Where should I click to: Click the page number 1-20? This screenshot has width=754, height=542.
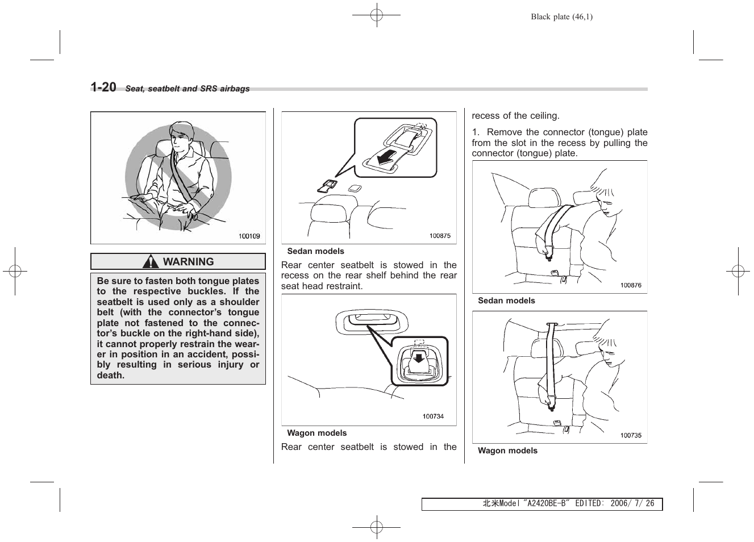pyautogui.click(x=103, y=87)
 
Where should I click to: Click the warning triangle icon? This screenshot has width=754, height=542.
pyautogui.click(x=151, y=262)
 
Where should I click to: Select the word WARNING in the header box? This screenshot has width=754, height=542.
pyautogui.click(x=188, y=262)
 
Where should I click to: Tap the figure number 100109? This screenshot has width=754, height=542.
pyautogui.click(x=249, y=236)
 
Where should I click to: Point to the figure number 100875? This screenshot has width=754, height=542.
pyautogui.click(x=440, y=236)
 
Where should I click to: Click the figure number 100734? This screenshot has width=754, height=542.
pyautogui.click(x=433, y=416)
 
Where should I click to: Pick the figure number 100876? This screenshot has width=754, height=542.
pyautogui.click(x=631, y=285)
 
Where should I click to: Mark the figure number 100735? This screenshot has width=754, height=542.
pyautogui.click(x=631, y=435)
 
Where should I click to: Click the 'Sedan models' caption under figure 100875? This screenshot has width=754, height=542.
pyautogui.click(x=315, y=251)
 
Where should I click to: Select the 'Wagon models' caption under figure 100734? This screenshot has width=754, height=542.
pyautogui.click(x=316, y=433)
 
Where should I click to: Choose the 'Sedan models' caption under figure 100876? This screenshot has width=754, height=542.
pyautogui.click(x=506, y=301)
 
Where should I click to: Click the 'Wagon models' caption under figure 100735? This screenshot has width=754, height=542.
pyautogui.click(x=507, y=451)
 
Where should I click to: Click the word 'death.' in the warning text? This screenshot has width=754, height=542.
pyautogui.click(x=111, y=376)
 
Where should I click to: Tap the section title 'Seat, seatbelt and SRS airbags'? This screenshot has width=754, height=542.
pyautogui.click(x=188, y=89)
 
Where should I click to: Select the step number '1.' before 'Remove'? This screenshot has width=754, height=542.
pyautogui.click(x=476, y=132)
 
